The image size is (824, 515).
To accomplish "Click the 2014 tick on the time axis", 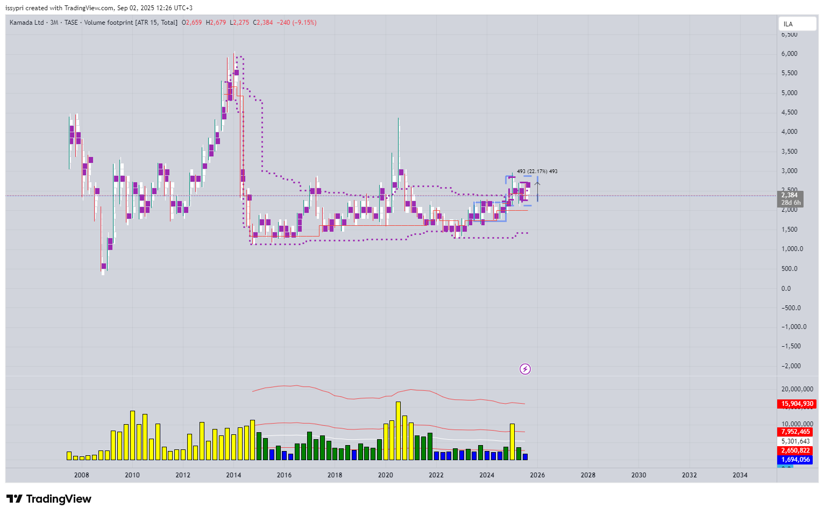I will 233,475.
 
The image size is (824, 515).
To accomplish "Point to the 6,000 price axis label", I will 790,54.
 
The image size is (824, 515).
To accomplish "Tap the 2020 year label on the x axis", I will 385,475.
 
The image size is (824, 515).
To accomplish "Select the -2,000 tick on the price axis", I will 791,366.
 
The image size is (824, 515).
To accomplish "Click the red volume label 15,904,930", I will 797,404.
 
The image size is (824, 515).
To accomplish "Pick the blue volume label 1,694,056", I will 795,460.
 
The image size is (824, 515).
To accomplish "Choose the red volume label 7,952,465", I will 795,432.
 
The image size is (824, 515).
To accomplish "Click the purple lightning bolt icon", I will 525,369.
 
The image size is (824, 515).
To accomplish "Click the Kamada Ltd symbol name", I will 27,23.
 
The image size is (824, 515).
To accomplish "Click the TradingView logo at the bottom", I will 49,499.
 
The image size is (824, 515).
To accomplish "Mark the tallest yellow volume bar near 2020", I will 398,430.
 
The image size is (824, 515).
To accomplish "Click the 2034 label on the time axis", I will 740,475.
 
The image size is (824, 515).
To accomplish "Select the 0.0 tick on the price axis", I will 786,289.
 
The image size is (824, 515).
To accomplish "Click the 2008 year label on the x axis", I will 82,475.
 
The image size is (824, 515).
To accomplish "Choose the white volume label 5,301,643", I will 795,441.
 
